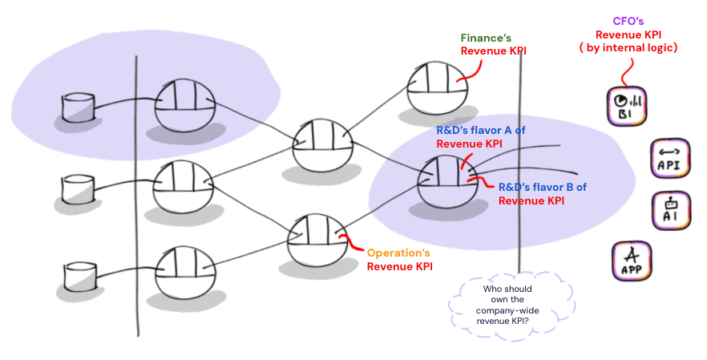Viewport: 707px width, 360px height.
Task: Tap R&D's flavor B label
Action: [542, 193]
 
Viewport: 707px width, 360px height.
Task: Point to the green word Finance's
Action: [486, 38]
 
